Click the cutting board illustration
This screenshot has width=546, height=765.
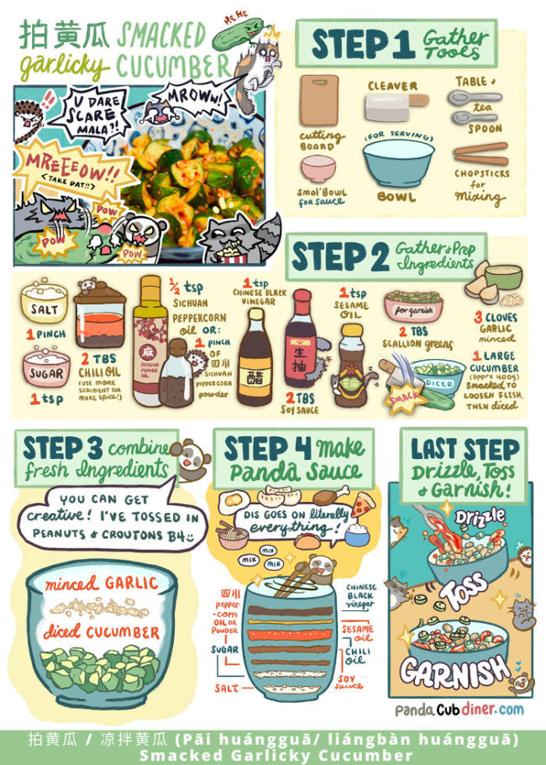pyautogui.click(x=318, y=102)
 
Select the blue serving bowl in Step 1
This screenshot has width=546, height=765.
pyautogui.click(x=391, y=163)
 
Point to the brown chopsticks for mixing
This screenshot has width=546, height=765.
pyautogui.click(x=480, y=155)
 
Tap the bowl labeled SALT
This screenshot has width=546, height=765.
pyautogui.click(x=43, y=304)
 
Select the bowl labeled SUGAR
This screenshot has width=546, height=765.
pyautogui.click(x=43, y=371)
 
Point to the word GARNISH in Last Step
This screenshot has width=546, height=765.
pyautogui.click(x=453, y=670)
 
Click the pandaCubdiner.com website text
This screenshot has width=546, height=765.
pyautogui.click(x=459, y=710)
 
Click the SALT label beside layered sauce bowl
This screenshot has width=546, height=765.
pyautogui.click(x=221, y=688)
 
